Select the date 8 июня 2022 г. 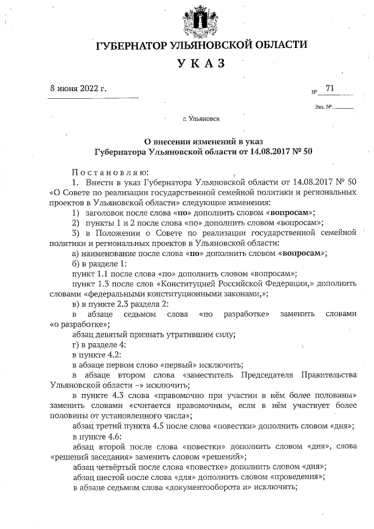tap(79, 89)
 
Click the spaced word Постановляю tap(110, 172)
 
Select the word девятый tap(119, 334)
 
